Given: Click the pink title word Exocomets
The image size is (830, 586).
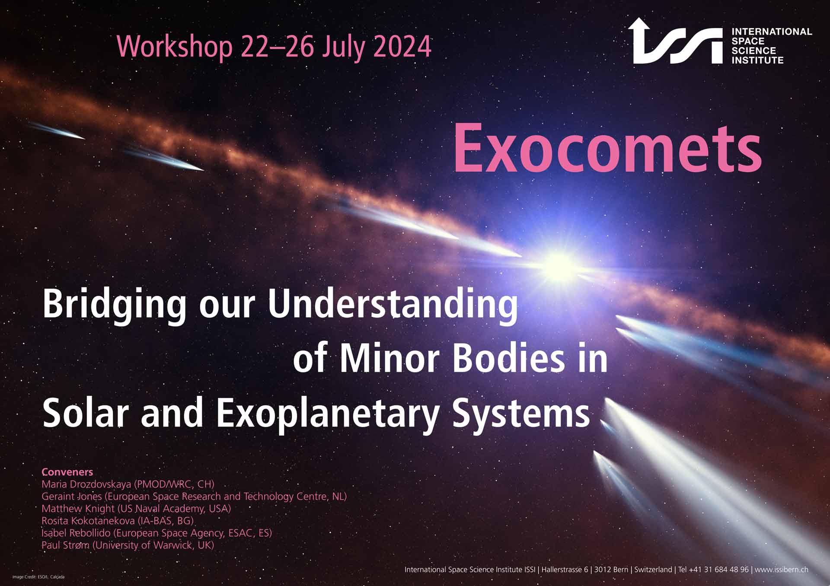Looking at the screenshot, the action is coord(607,148).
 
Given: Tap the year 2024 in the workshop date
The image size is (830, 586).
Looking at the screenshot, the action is coord(402,46).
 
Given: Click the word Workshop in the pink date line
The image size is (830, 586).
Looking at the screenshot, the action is coord(175,47).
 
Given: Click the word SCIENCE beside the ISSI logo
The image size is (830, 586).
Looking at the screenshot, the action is coord(753,51).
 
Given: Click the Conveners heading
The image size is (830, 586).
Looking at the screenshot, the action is coord(67,472).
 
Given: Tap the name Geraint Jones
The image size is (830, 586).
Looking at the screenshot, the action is coord(72,496).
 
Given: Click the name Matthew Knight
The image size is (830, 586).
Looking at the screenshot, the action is coord(78,509).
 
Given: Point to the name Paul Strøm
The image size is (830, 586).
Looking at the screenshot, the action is coord(65,545).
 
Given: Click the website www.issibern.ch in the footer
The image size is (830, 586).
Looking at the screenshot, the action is coord(782,570).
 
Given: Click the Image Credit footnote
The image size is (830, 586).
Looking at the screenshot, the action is coord(38,577).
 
